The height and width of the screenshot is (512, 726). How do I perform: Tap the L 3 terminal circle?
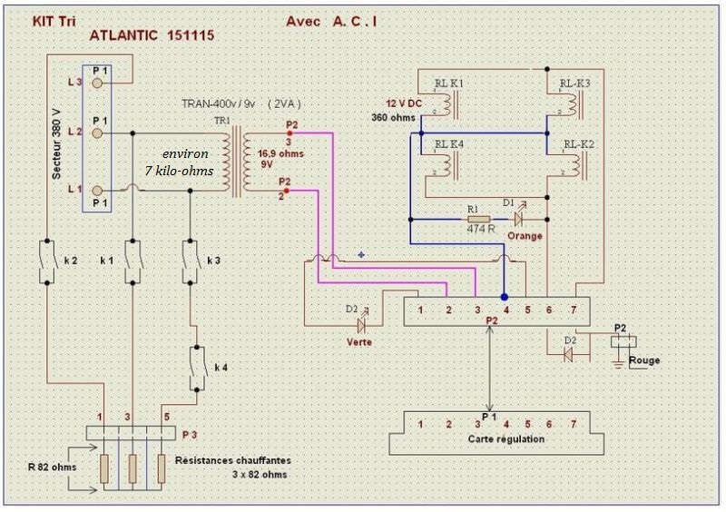click(98, 83)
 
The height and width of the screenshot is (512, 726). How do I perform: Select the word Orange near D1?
click(525, 236)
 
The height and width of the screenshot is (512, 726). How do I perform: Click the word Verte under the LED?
click(360, 343)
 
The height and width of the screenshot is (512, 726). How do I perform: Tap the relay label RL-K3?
click(575, 84)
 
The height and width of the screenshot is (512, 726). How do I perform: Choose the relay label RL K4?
click(449, 144)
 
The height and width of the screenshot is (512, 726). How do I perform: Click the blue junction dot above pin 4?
click(505, 297)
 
